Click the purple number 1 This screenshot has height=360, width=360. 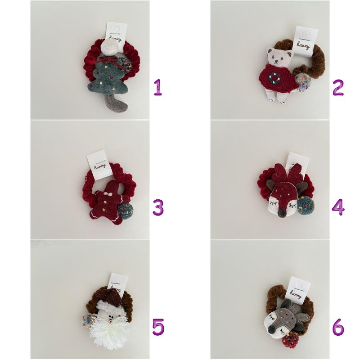[158, 87]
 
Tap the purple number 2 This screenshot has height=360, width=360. [338, 87]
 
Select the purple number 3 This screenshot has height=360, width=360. [158, 207]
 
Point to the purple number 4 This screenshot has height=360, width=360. [338, 207]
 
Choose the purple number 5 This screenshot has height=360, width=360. [158, 327]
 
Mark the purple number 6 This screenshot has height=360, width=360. [338, 327]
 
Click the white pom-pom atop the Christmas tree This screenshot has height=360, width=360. [109, 47]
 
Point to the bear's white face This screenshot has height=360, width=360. [279, 57]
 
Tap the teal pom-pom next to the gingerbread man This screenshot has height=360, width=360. [126, 211]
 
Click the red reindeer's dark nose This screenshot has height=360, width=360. [282, 214]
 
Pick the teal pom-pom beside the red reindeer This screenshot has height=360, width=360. [306, 206]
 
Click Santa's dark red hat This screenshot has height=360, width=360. [111, 295]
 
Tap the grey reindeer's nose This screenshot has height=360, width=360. [272, 331]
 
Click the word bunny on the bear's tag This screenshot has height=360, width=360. [303, 46]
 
